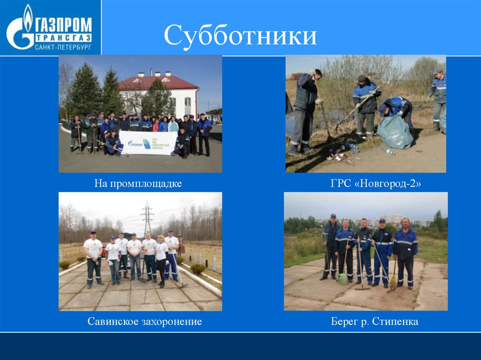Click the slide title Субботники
[240, 37]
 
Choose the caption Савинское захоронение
[144, 322]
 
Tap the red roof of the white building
[157, 83]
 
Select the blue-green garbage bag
[395, 132]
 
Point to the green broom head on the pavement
[343, 279]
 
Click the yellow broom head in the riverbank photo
[393, 283]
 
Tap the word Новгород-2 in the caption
[390, 183]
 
